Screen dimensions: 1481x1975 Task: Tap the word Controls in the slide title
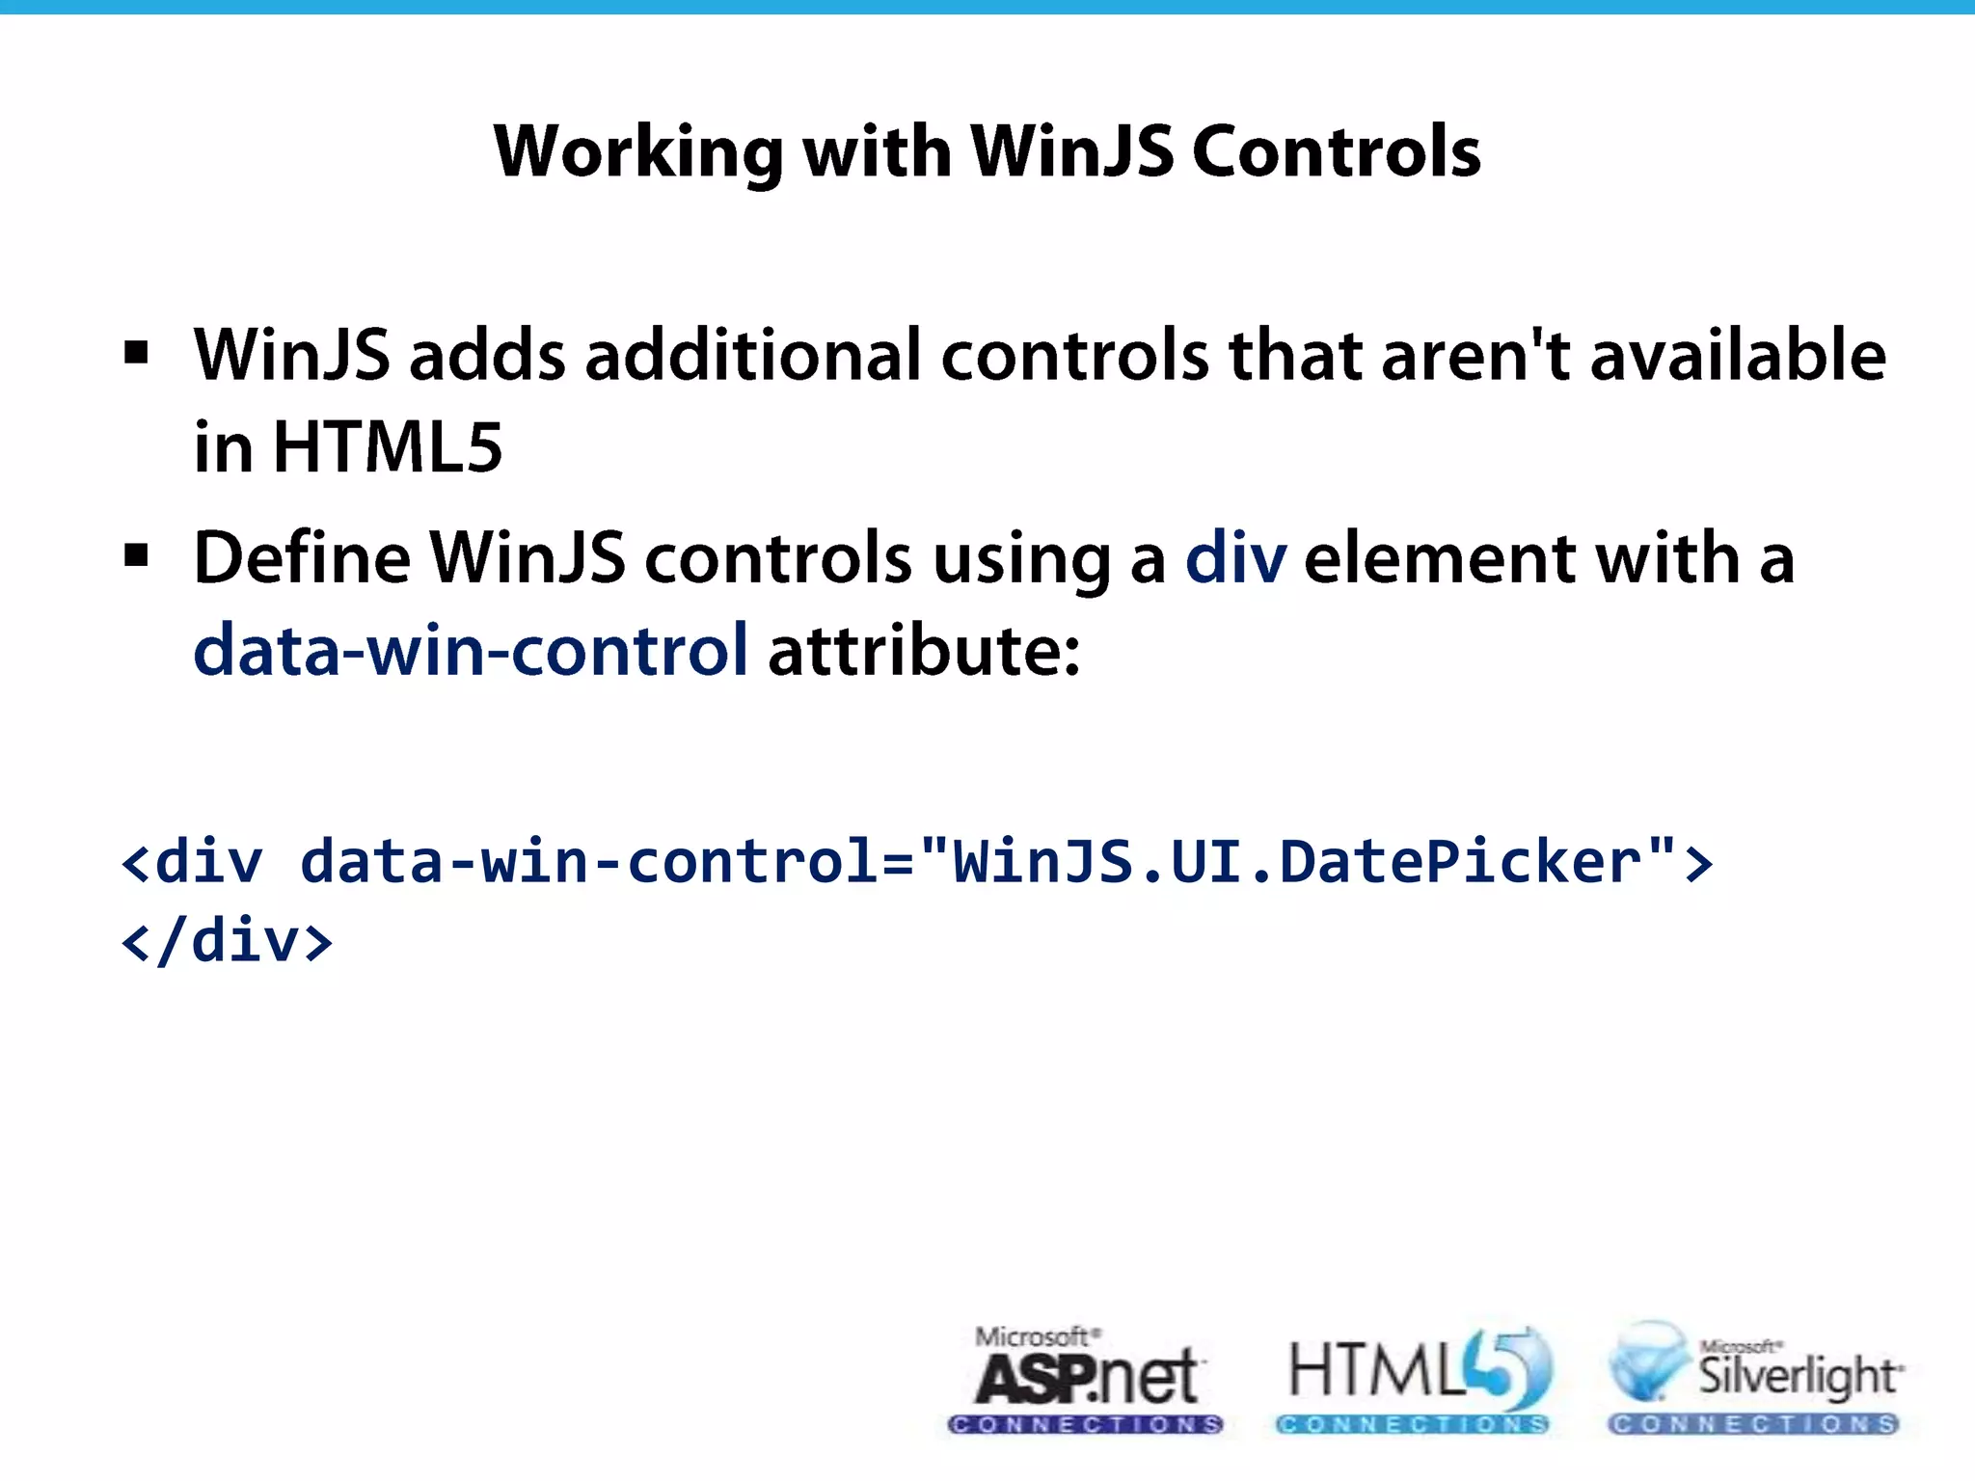1337,152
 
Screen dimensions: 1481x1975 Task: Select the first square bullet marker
137,353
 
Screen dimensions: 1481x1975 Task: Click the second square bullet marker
137,555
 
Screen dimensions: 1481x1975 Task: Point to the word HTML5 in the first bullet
388,447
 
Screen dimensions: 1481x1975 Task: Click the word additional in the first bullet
753,355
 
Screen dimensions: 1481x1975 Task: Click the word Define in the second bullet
302,557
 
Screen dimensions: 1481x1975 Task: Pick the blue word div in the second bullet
1235,557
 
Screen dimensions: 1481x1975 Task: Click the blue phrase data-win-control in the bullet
471,650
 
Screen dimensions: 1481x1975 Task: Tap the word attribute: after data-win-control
924,650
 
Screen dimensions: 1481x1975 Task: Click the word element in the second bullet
1440,557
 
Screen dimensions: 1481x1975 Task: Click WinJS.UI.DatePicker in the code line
1297,860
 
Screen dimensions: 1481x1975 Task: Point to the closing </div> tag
228,941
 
